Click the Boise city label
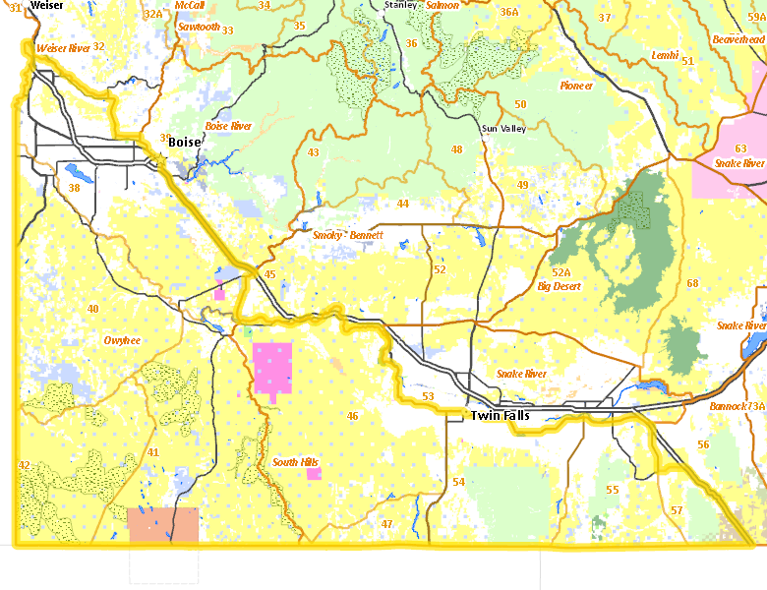[x=184, y=143]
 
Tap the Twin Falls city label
[x=501, y=416]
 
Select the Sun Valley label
[x=503, y=129]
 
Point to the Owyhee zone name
[x=122, y=340]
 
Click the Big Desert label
[x=559, y=287]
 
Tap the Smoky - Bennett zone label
[x=348, y=236]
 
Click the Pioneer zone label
[x=576, y=86]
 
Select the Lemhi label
[x=665, y=56]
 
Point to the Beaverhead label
[x=737, y=38]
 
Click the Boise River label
[x=228, y=127]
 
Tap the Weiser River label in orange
[x=63, y=47]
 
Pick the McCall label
[x=189, y=5]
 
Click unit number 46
[x=352, y=416]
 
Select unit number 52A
[x=560, y=272]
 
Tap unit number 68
[x=692, y=283]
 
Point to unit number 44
[x=402, y=204]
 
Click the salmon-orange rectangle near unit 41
[x=163, y=526]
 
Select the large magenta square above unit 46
[x=273, y=367]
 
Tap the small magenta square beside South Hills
[x=314, y=474]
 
